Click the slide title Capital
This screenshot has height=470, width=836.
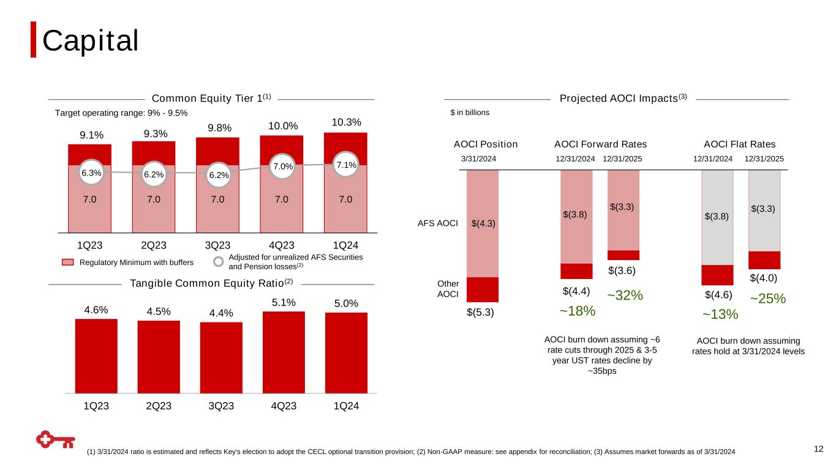point(90,40)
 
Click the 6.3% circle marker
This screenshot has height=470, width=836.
point(91,173)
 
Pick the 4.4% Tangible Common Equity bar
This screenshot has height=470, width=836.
point(221,356)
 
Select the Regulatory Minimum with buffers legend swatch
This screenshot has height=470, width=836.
point(68,262)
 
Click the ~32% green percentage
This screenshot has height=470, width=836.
point(625,296)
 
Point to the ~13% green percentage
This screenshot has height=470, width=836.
point(720,315)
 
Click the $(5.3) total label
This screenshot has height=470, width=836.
point(480,313)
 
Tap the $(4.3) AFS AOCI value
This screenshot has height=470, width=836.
point(483,223)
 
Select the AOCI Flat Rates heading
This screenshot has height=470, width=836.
point(739,144)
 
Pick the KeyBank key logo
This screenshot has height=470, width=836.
point(55,439)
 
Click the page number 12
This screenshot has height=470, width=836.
point(819,449)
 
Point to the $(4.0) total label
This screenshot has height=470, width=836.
point(763,278)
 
